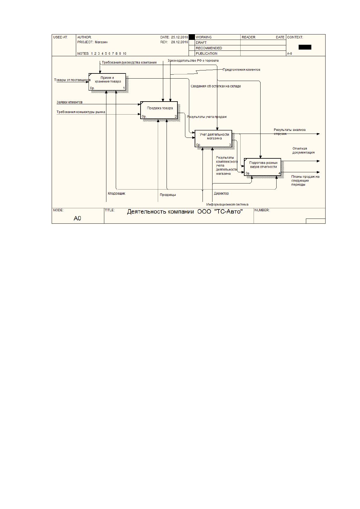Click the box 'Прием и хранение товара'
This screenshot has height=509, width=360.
[107, 82]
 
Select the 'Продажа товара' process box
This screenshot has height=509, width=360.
[159, 110]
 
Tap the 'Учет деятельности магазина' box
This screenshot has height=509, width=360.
[213, 139]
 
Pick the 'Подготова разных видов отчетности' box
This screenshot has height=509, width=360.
[262, 167]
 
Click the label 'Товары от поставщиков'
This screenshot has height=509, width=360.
[72, 80]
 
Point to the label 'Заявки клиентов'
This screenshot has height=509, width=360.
[70, 102]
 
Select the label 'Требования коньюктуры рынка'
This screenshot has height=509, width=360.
[81, 112]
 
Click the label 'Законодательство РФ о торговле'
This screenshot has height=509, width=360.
[193, 61]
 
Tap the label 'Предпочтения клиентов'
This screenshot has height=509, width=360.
[242, 70]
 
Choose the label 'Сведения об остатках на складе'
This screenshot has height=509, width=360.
[216, 86]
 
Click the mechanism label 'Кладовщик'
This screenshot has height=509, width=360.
[116, 193]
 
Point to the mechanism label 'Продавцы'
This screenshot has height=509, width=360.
[168, 195]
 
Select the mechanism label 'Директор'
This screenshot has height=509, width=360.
[221, 193]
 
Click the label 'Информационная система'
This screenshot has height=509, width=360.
[227, 205]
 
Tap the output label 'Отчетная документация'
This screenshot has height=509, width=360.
[303, 151]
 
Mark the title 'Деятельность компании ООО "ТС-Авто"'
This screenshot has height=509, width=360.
[185, 212]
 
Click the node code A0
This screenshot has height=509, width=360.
[77, 218]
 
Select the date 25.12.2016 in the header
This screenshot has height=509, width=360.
[180, 37]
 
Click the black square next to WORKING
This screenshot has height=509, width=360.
[192, 37]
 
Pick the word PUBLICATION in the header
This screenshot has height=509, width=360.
[206, 53]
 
